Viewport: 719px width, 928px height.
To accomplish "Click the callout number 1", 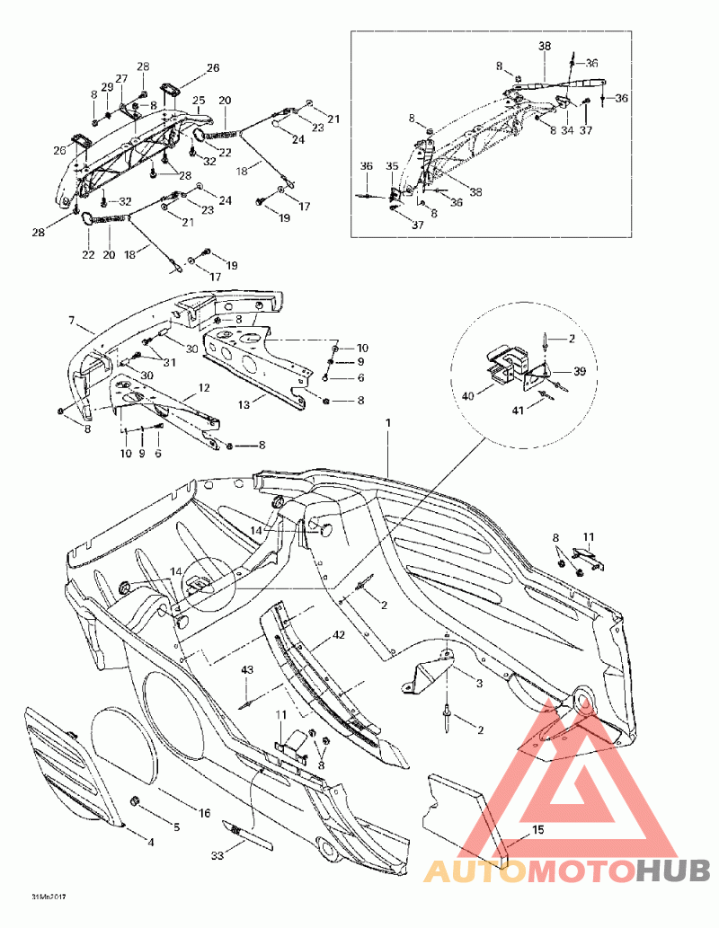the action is coord(388,421).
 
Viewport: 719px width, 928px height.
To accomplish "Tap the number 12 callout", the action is coord(204,387).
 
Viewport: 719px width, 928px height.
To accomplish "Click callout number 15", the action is coord(537,829).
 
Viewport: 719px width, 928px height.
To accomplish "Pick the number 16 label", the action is coord(204,812).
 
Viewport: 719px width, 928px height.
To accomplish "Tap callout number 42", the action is coord(338,635).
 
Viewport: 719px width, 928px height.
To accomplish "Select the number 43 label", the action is coord(246,670).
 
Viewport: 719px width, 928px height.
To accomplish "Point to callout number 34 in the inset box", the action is coord(566,130).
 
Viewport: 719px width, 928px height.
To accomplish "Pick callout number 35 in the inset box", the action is coord(392,166).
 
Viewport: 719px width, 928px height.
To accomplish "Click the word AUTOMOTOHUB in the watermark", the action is coord(566,871).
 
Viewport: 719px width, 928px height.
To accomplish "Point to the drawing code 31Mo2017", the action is coord(49,897).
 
